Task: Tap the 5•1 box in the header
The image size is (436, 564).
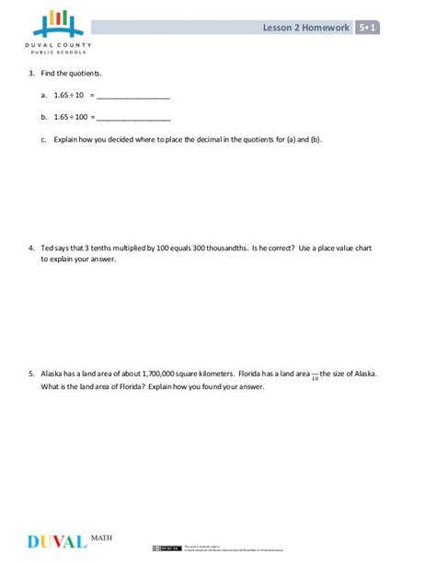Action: tap(369, 28)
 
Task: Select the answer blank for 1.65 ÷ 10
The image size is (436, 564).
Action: tap(133, 96)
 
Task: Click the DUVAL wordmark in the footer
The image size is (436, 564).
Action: tap(56, 541)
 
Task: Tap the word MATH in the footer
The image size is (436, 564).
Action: tap(104, 535)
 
